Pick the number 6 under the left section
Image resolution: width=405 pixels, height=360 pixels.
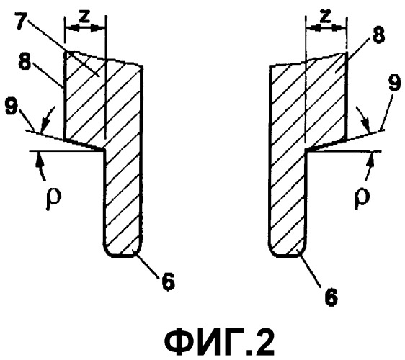(x=168, y=282)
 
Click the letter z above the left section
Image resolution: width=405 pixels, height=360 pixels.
(x=84, y=17)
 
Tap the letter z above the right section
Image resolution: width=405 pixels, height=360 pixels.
(x=325, y=17)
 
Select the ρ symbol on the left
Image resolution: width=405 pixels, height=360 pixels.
(x=53, y=199)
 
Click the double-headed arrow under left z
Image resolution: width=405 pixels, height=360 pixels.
(x=85, y=28)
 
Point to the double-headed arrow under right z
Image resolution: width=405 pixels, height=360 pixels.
(x=326, y=27)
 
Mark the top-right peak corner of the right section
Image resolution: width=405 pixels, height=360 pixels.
(x=346, y=53)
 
